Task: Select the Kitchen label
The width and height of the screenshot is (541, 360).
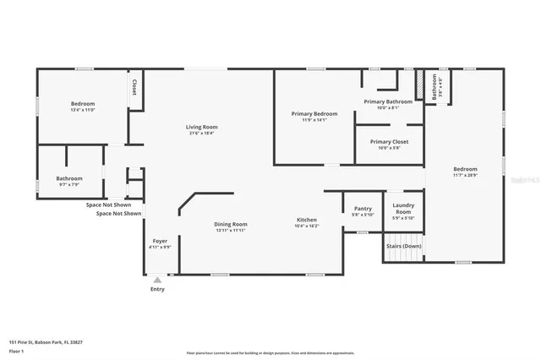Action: click(306, 220)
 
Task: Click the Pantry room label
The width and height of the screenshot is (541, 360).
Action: click(363, 208)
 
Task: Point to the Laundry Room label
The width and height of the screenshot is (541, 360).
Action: click(403, 208)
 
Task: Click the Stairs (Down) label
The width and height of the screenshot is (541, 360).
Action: click(403, 246)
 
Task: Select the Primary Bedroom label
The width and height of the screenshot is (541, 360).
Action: click(314, 114)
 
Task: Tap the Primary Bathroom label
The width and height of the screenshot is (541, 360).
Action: click(387, 101)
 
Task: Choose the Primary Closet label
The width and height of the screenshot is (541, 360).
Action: click(389, 141)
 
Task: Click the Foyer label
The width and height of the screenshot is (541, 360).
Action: click(159, 242)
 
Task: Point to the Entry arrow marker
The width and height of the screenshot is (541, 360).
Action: click(157, 278)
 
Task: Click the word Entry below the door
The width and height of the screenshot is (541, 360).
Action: click(157, 289)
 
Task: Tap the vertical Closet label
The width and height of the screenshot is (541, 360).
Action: click(134, 87)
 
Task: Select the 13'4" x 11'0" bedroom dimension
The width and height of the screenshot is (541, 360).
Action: click(83, 110)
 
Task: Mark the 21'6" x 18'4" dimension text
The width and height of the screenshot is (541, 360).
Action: click(201, 133)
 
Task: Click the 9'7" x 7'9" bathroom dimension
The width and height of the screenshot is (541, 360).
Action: click(69, 184)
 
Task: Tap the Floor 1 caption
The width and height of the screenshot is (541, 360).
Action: click(17, 350)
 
